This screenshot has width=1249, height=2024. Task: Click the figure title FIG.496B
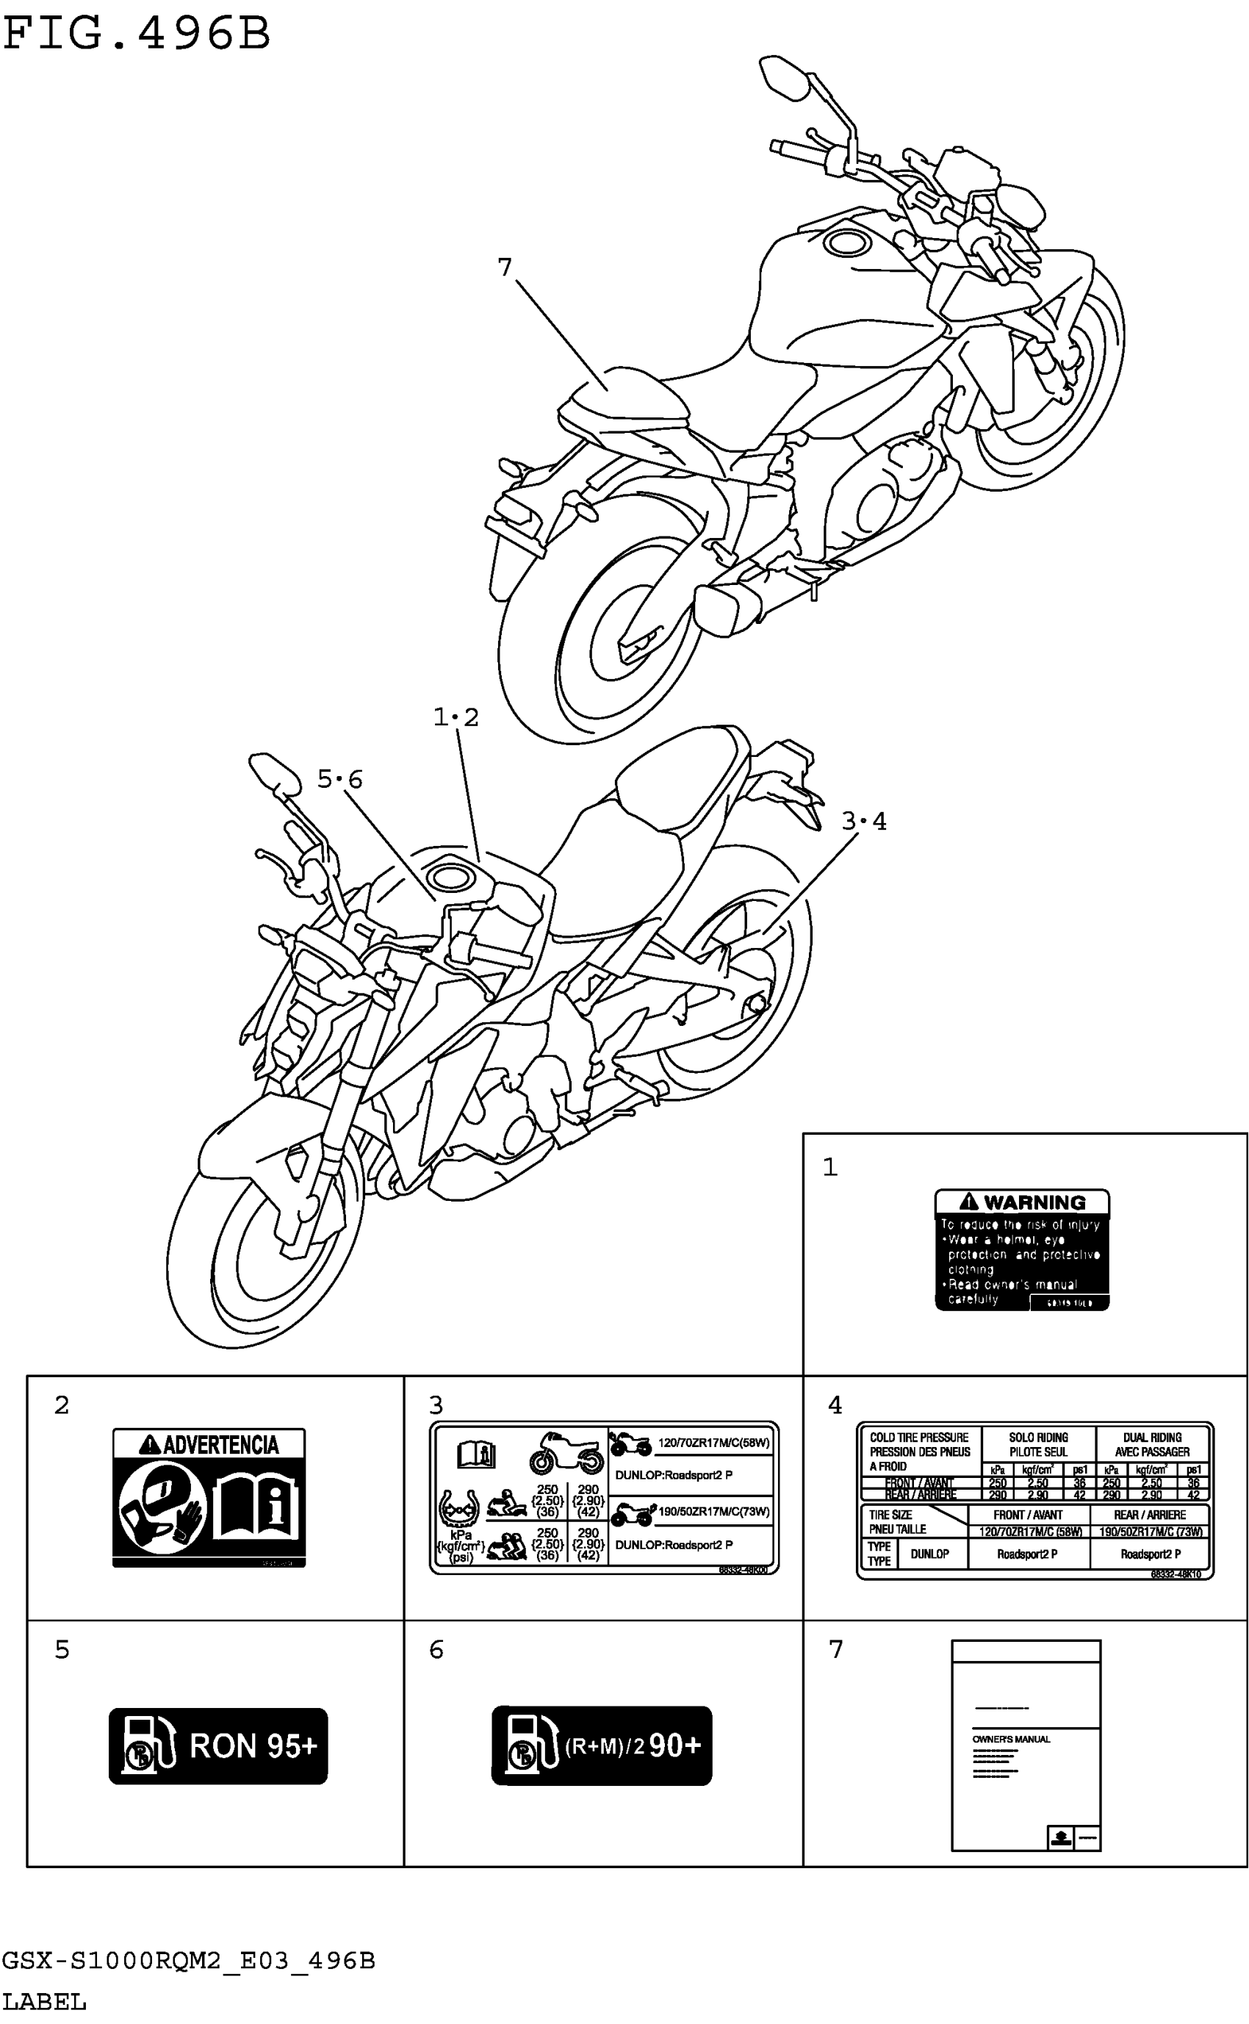(137, 35)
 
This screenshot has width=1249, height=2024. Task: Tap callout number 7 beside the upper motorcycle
(505, 267)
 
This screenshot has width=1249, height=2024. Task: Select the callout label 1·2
(456, 717)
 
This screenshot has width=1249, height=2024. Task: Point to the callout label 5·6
(340, 779)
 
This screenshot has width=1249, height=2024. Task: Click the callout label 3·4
(864, 821)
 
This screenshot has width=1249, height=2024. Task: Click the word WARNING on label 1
(1034, 1203)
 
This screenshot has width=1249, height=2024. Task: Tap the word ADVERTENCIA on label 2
(220, 1445)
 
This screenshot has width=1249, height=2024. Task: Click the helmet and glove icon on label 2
(162, 1505)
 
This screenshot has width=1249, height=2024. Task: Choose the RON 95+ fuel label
(218, 1746)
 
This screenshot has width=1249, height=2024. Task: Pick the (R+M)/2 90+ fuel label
(602, 1746)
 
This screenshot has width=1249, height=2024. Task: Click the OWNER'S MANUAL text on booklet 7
(1011, 1739)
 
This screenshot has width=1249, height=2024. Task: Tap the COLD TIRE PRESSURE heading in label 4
(918, 1438)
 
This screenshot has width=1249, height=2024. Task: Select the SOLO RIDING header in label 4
(1038, 1438)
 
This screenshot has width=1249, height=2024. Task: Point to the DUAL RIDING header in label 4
(1151, 1438)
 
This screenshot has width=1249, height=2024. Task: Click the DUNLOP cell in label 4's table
(929, 1554)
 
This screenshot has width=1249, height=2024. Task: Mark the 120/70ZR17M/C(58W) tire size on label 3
(713, 1443)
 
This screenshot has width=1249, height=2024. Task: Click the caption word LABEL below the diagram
(45, 2003)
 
